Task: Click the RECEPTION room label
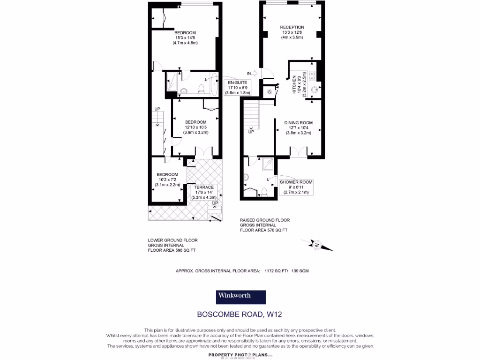[x=292, y=27]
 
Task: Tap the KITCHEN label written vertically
[x=294, y=85]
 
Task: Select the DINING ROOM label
[x=299, y=123]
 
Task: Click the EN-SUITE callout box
[x=237, y=87]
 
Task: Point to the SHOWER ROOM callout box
[x=296, y=187]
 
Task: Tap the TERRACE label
[x=204, y=187]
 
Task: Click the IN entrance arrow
[x=252, y=73]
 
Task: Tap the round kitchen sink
[x=315, y=91]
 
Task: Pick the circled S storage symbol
[x=269, y=91]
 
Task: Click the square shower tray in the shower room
[x=269, y=164]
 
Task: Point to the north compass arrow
[x=317, y=245]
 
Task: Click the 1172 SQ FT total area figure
[x=276, y=271]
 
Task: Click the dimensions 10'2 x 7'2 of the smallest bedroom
[x=167, y=180]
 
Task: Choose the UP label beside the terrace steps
[x=215, y=203]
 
